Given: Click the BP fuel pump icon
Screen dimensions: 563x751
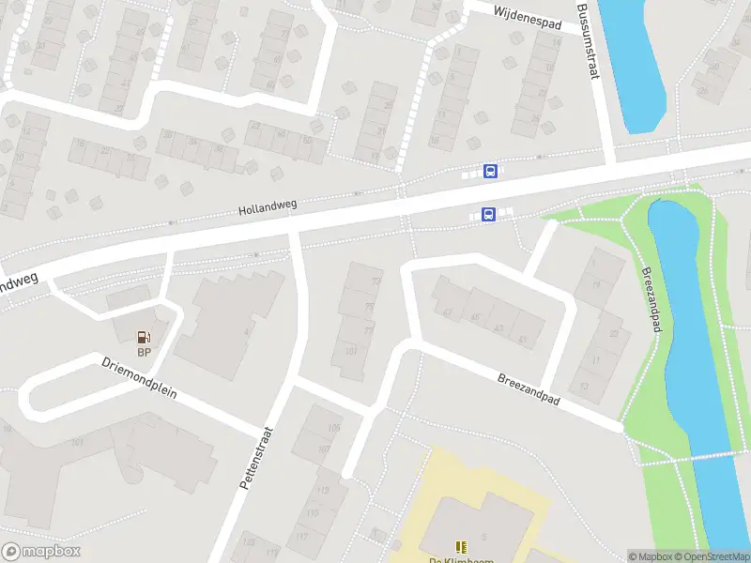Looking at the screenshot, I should point(144,337).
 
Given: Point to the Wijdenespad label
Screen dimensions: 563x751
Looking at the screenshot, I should point(527,17).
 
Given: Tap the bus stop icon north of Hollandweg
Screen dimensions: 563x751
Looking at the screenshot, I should point(490,171).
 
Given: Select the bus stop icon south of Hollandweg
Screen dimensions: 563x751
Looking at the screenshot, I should point(488,215).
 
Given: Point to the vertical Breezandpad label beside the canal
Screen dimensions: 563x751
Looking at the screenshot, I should point(652,298).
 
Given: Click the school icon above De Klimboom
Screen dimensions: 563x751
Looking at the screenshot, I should point(460,546).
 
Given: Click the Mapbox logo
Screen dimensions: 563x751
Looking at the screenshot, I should point(40,552).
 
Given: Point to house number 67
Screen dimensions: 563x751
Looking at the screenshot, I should point(448,313).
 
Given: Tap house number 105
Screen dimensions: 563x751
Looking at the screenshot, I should point(335,428).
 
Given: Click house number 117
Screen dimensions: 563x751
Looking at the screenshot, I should point(301,537).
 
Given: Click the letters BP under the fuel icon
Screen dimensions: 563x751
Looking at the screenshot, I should point(144,353).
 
